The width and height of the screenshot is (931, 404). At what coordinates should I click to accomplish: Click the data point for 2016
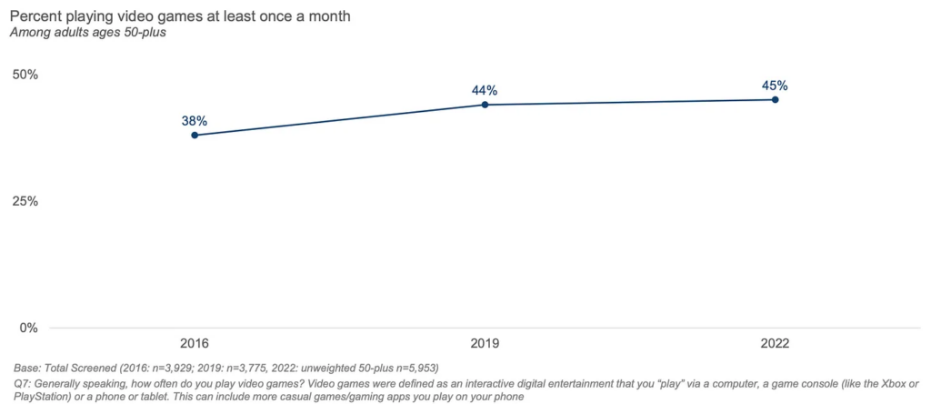click(195, 136)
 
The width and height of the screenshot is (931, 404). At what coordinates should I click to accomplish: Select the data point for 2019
click(485, 105)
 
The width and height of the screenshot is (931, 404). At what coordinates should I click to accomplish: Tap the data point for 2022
click(775, 99)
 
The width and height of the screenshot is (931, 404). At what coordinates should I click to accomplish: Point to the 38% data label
click(195, 119)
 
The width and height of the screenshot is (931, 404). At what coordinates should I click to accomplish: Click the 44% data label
click(485, 90)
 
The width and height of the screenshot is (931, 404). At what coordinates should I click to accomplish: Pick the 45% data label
click(775, 86)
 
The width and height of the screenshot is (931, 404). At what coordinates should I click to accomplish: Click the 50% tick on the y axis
click(25, 74)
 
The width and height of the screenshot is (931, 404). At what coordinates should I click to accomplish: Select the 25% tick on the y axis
click(25, 201)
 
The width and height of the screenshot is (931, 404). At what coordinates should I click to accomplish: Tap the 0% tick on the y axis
click(28, 328)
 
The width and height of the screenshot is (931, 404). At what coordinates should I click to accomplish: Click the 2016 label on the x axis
click(195, 344)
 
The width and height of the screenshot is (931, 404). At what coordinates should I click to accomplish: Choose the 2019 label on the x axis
click(485, 344)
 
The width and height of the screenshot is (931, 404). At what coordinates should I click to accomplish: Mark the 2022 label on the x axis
click(775, 344)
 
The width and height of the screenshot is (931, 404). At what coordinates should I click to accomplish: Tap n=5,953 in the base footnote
click(413, 369)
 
